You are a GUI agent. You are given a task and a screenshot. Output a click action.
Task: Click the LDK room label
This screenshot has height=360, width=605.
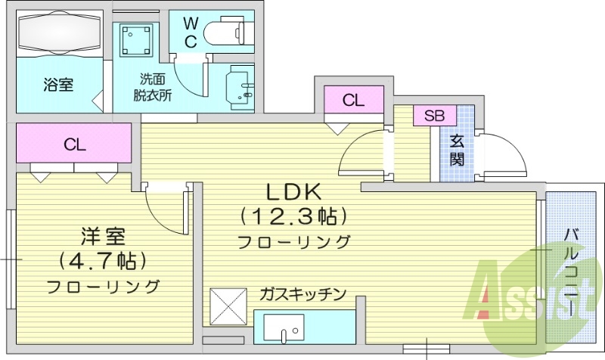[293, 191]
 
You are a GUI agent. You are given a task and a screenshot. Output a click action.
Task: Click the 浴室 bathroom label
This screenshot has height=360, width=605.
[57, 85]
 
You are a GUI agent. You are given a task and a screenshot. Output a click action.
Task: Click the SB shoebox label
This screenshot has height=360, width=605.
[434, 116]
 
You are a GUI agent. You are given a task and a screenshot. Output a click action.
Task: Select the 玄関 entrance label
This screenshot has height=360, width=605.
[457, 150]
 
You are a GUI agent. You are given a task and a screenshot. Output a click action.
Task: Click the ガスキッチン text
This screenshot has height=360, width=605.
[302, 293]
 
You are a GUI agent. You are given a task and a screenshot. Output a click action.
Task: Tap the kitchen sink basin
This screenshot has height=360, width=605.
[284, 331]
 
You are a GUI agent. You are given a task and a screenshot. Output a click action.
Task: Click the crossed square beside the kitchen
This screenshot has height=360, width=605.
[228, 306]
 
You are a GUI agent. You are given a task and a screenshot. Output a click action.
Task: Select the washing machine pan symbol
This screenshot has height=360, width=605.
[137, 39]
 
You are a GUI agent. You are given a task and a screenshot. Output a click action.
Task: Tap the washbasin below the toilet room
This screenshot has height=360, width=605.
[240, 85]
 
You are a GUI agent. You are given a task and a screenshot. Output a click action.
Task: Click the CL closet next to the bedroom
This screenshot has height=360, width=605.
[73, 144]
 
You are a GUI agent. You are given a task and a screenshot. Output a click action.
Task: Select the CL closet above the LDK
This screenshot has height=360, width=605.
[352, 100]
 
